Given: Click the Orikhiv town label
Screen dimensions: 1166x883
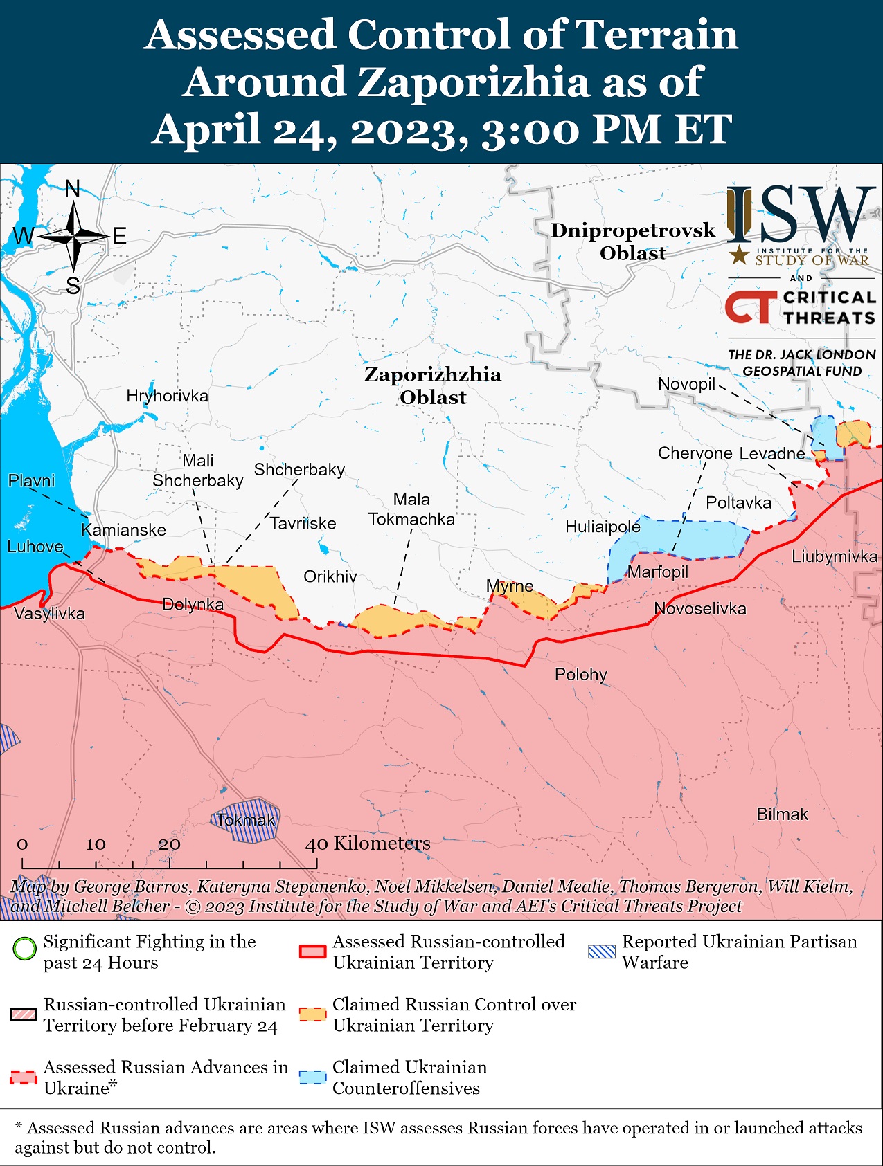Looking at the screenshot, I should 330,576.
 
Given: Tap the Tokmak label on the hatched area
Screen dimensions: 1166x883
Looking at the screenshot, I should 246,820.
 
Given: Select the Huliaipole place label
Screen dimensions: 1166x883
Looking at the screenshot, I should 603,527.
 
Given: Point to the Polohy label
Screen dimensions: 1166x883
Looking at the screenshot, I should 580,674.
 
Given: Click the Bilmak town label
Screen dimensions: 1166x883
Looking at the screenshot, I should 782,814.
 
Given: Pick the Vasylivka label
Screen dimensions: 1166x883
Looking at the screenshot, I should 49,613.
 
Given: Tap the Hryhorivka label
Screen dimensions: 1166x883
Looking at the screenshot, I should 167,396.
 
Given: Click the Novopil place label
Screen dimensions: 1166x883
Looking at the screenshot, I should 686,383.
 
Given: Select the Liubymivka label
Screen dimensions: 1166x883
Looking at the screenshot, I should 835,556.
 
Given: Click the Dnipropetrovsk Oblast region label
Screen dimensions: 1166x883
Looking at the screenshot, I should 633,242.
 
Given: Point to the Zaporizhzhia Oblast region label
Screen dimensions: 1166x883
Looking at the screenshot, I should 433,385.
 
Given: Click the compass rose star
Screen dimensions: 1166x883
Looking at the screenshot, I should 73,237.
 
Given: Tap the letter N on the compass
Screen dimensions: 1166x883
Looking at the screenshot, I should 73,189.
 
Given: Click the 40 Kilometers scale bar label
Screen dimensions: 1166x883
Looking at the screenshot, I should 368,843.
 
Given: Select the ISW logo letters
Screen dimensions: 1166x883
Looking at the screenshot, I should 800,214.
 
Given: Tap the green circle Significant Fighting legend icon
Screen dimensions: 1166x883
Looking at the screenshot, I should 24,948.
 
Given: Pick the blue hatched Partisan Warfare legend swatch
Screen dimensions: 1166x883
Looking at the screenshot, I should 601,951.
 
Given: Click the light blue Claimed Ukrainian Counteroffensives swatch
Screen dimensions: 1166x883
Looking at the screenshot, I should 312,1077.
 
